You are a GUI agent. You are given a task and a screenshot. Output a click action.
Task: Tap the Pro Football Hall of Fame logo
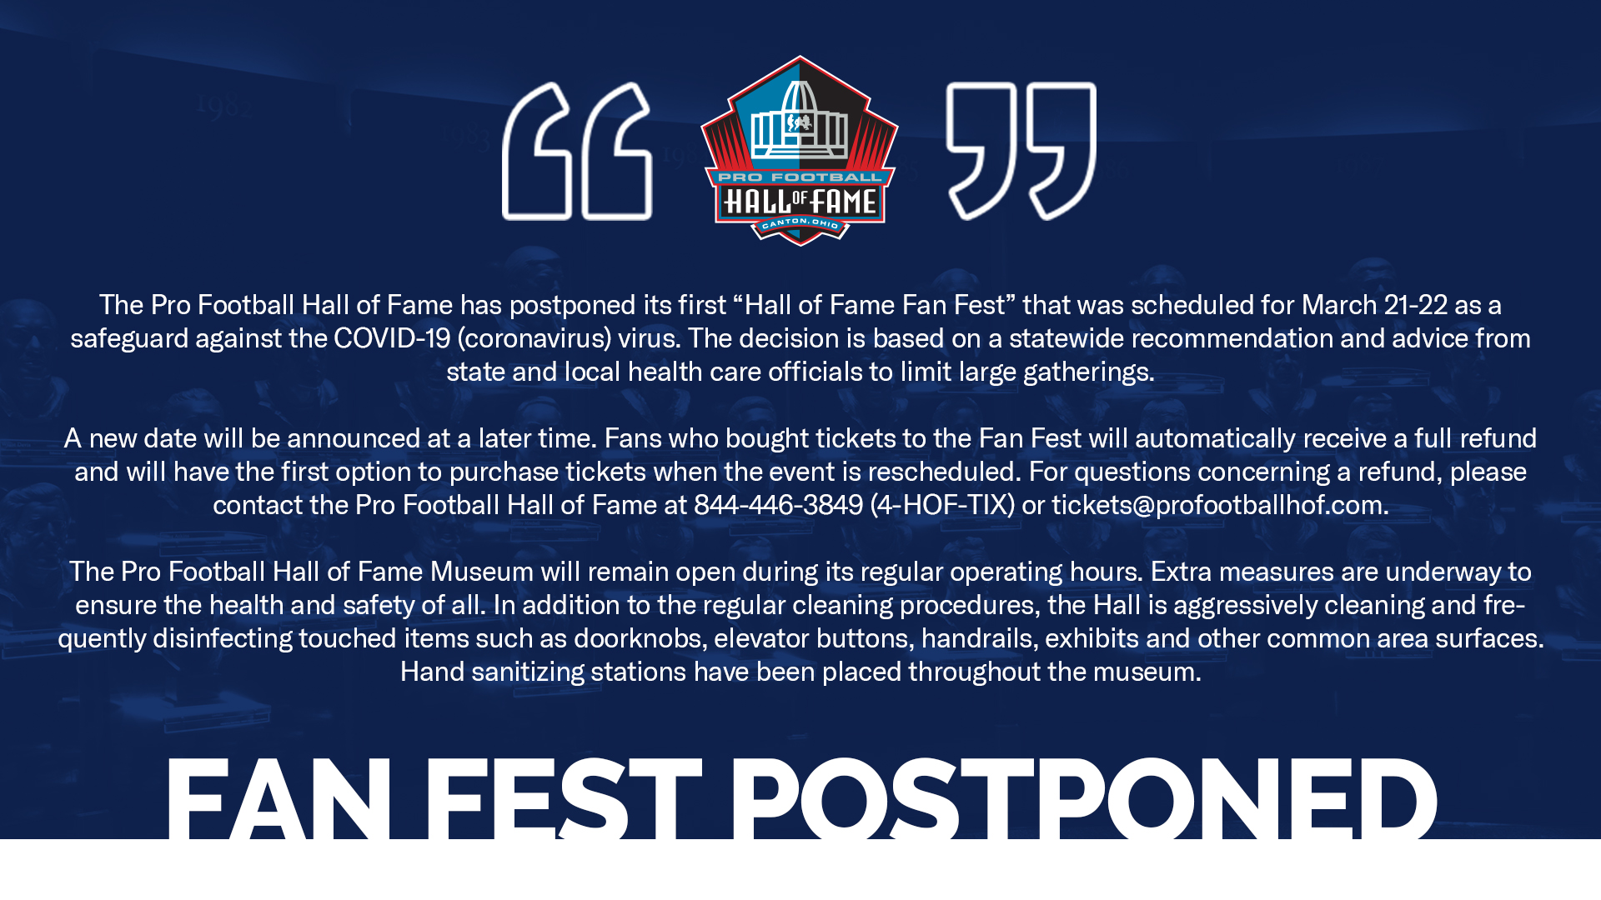pos(800,151)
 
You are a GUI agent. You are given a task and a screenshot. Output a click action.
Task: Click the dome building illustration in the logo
pos(800,121)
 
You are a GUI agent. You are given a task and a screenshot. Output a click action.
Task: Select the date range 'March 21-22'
pos(1374,305)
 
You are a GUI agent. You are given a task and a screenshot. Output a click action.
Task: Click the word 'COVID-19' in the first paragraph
pos(392,338)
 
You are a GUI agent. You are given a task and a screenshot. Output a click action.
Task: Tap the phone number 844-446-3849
pos(778,505)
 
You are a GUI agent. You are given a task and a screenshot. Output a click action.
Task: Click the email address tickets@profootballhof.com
pos(1217,505)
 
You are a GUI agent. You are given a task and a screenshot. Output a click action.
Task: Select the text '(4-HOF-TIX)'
pos(942,505)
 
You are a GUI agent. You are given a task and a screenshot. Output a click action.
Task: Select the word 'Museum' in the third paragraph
pos(481,572)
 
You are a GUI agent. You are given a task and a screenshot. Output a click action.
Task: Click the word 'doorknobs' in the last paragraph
pos(637,638)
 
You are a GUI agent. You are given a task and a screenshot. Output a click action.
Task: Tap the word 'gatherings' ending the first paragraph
pos(1085,372)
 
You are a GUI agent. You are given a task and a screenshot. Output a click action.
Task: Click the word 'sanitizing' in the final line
pos(528,672)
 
